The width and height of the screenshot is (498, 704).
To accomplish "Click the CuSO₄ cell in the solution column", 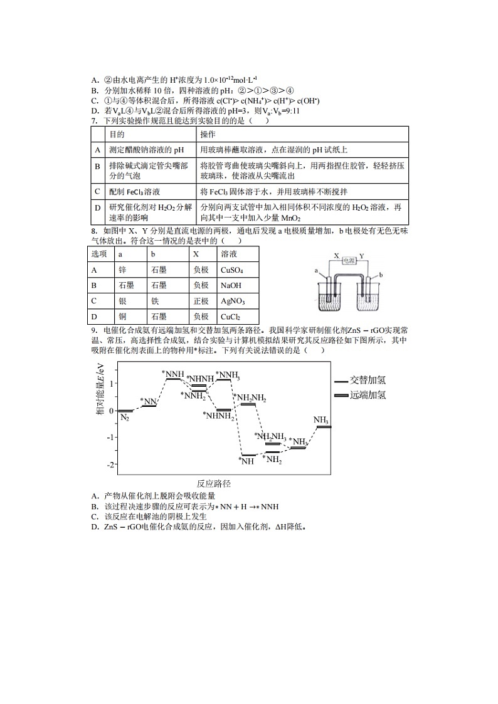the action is [x=231, y=270].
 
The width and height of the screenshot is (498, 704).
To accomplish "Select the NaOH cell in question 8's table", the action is [x=231, y=286].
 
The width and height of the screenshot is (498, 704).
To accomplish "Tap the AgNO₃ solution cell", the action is [x=233, y=302].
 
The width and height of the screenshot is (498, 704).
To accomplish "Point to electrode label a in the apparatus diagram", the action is [x=317, y=271].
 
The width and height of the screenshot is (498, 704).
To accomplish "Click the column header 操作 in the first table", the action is [x=208, y=135].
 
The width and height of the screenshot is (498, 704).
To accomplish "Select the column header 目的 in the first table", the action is [x=117, y=135].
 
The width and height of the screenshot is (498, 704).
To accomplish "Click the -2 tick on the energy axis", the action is [x=111, y=465].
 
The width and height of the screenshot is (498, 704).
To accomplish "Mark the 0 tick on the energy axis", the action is [x=112, y=411].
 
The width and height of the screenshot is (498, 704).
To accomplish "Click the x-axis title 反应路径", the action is [x=213, y=483].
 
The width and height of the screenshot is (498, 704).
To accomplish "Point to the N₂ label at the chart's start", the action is [x=125, y=418].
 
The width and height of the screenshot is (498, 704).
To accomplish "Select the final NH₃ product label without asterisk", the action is [x=322, y=420].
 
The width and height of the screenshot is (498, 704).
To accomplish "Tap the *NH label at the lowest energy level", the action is [x=246, y=461].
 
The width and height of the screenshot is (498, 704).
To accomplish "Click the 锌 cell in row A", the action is [x=122, y=270].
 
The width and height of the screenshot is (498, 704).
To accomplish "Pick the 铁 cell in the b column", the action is [x=154, y=302].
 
